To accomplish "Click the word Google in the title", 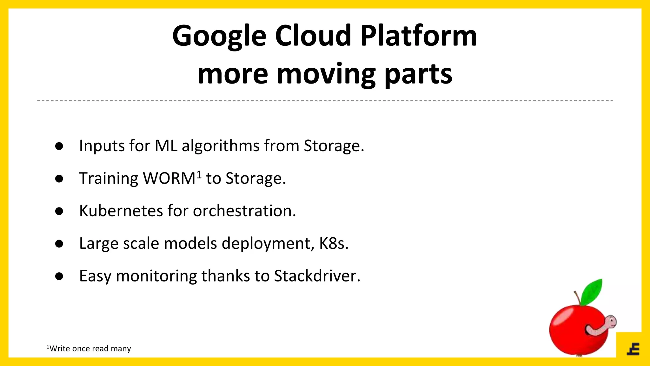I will click(219, 37).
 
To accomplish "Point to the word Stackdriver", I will click(317, 276).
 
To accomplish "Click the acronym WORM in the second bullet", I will click(169, 179).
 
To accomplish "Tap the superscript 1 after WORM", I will click(199, 174).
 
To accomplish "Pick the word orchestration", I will click(244, 211).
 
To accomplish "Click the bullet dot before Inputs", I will click(59, 146).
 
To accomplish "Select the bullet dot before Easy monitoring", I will click(59, 276).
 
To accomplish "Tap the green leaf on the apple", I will click(592, 292).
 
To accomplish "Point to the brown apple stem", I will click(578, 298).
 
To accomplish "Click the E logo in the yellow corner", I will click(633, 349).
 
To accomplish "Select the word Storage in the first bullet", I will click(333, 146).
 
